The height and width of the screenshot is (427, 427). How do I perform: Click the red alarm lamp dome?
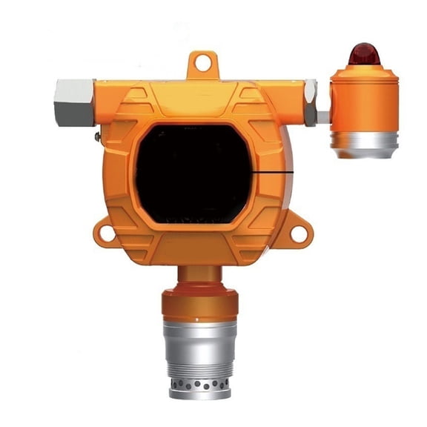click(x=364, y=54)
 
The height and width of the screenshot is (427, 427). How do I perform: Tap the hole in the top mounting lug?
click(x=202, y=65)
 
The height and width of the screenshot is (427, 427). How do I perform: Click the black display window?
click(x=195, y=173)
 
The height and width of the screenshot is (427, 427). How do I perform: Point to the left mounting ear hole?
click(x=107, y=234)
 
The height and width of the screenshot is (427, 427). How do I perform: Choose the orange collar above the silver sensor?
click(x=199, y=304)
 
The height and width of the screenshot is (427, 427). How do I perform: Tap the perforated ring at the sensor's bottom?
click(x=200, y=388)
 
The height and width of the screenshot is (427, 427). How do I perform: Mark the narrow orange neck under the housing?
click(x=199, y=275)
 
